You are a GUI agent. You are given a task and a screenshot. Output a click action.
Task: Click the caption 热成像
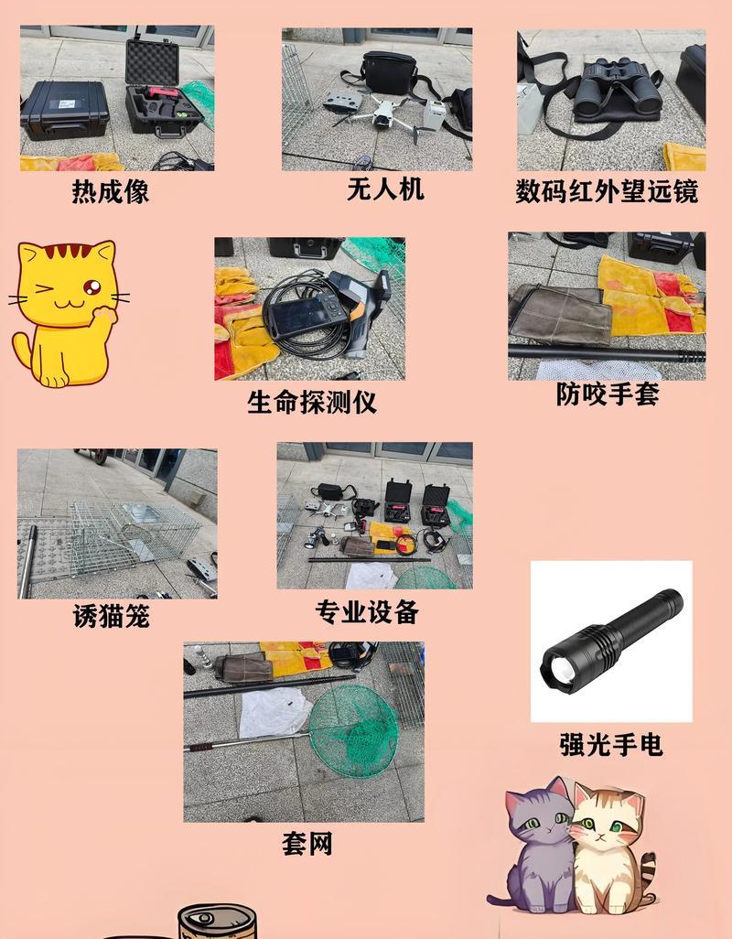point(111,192)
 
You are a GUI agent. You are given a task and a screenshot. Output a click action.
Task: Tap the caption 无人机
point(385,189)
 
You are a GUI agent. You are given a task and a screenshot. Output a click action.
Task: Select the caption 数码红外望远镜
point(607,191)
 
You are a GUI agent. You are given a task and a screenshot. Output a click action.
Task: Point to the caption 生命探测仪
point(312,402)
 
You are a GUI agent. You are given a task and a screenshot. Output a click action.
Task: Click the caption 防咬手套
point(608,394)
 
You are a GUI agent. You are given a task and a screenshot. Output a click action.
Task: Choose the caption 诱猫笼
point(111,616)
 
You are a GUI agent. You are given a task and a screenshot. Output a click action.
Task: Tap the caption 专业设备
point(367,612)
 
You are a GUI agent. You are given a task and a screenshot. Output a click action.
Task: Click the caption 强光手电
point(611,745)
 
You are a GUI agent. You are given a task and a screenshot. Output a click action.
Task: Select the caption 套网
point(307,844)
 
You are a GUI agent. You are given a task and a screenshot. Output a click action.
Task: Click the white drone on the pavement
point(382,113)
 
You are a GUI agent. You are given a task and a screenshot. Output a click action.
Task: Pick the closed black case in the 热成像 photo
point(65,110)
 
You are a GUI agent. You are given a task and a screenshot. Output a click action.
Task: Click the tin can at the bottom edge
point(217,921)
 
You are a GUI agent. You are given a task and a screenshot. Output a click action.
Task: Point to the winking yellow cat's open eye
point(91,286)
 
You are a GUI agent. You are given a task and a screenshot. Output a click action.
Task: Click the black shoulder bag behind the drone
point(390,72)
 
